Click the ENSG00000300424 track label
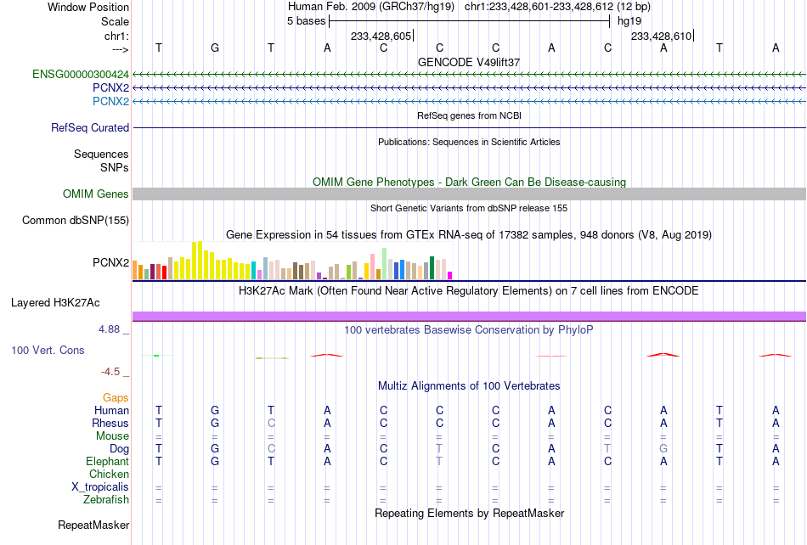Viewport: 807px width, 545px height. pos(81,75)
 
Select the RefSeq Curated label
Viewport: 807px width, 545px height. pos(90,127)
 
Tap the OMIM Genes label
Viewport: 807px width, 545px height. pos(96,194)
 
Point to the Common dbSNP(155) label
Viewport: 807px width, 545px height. pos(76,221)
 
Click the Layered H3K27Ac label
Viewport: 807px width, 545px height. pos(55,303)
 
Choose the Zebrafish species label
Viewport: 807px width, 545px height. pos(106,499)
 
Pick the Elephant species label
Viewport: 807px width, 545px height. pos(108,461)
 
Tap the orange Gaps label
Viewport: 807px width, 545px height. pos(116,397)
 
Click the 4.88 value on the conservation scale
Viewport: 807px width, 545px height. pos(109,329)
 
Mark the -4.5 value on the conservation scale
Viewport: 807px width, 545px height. pos(110,372)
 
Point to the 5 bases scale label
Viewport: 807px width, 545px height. pos(306,21)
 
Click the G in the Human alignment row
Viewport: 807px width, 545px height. pos(215,410)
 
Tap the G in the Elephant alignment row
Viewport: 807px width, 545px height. pos(215,461)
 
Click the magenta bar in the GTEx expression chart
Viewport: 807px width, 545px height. pos(450,276)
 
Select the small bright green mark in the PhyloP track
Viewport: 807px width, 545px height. pos(156,356)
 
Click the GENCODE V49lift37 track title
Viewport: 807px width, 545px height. pos(469,62)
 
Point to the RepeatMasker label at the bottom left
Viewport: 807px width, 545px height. pos(93,525)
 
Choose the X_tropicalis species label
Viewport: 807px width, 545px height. pos(100,487)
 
